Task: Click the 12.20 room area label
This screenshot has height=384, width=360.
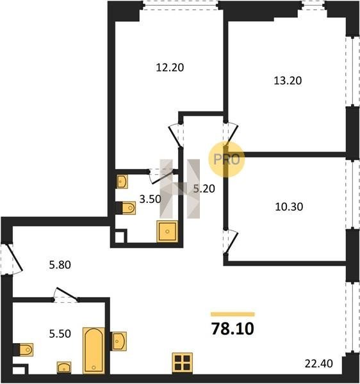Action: click(170, 67)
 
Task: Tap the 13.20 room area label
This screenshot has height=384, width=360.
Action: click(288, 81)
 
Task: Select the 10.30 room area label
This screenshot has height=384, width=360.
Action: click(289, 207)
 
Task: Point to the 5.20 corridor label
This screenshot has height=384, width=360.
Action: click(204, 189)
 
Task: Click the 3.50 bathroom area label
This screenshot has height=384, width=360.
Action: click(150, 199)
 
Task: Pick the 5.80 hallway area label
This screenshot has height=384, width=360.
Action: click(60, 265)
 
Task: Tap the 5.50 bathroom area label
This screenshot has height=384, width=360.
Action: click(60, 333)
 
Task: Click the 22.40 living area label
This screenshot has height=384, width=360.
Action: click(319, 364)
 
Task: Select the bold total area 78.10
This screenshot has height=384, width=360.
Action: click(233, 329)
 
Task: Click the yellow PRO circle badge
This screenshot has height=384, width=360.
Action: click(226, 159)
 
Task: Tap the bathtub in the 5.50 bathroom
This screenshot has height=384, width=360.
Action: click(94, 350)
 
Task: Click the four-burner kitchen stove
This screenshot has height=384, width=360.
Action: click(183, 363)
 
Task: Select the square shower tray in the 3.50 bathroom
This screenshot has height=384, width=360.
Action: click(167, 231)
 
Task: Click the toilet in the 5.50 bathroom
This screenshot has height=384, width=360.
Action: click(23, 349)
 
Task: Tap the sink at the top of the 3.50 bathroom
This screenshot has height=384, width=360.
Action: click(122, 182)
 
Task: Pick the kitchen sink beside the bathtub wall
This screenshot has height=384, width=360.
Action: click(119, 341)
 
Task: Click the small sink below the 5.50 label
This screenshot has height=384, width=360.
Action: click(64, 367)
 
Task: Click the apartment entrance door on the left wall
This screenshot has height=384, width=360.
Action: click(11, 258)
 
